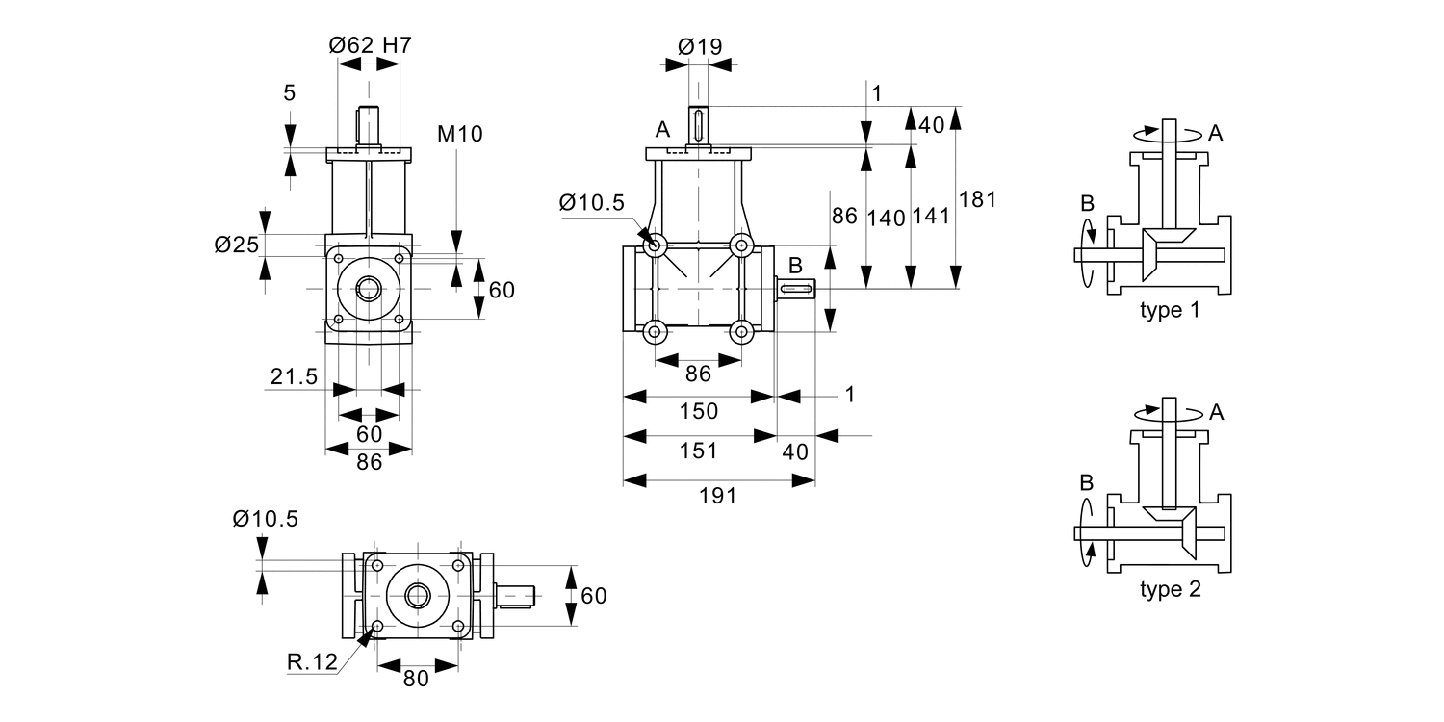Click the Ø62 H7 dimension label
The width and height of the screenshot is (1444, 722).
pos(371,44)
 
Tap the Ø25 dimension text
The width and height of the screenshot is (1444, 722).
pos(237,245)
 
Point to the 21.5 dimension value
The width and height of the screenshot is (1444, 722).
pos(293,377)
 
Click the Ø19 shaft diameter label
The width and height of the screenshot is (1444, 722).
pos(700,45)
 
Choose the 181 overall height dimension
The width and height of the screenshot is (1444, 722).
pos(978,199)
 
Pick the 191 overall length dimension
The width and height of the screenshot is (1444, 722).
pos(718,496)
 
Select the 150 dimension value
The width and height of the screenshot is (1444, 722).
pos(699,411)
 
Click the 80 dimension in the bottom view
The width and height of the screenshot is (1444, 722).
pos(416,678)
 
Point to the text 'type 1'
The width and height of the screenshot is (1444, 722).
pos(1171,311)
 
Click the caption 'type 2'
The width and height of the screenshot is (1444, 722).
pos(1171,590)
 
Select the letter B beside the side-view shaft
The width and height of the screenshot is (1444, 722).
pos(796,264)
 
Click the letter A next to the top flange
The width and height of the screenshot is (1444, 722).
pos(662,130)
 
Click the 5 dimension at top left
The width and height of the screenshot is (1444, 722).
pos(290,93)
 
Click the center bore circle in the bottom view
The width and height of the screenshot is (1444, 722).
pos(418,597)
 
